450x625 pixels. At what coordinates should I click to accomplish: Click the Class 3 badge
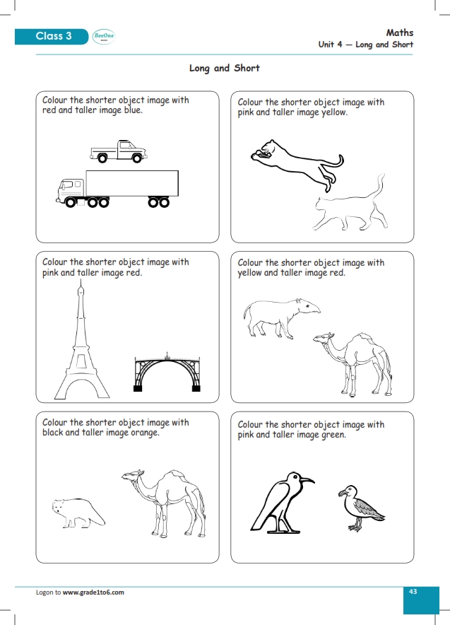[54, 36]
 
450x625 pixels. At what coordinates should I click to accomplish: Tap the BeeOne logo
[104, 37]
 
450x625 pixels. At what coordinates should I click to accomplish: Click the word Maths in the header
[400, 33]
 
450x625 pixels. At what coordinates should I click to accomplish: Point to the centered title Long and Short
[225, 68]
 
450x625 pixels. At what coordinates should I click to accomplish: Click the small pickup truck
[119, 151]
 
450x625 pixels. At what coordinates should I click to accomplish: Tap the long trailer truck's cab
[71, 189]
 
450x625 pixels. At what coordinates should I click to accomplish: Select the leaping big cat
[297, 160]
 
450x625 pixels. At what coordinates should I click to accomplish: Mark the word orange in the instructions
[145, 433]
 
